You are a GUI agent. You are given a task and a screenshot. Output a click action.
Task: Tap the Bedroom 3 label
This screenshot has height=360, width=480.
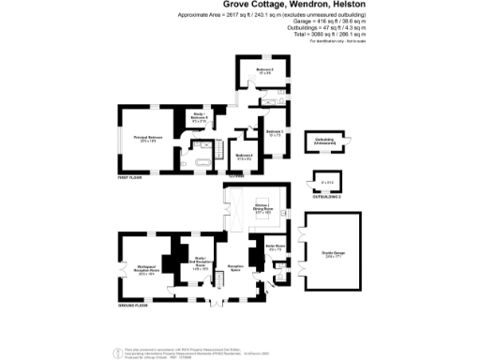pyautogui.click(x=274, y=133)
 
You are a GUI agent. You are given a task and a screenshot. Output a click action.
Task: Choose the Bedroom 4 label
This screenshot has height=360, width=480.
pyautogui.click(x=245, y=157)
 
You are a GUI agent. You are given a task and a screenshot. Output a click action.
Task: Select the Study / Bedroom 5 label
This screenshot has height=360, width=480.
pyautogui.click(x=199, y=116)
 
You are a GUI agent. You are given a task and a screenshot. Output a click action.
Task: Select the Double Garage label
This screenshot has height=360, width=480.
pyautogui.click(x=332, y=254)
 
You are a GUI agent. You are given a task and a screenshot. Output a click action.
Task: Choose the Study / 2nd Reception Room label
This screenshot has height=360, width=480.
pyautogui.click(x=198, y=265)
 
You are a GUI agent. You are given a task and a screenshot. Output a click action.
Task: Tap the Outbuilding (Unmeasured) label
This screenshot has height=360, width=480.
pyautogui.click(x=324, y=142)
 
